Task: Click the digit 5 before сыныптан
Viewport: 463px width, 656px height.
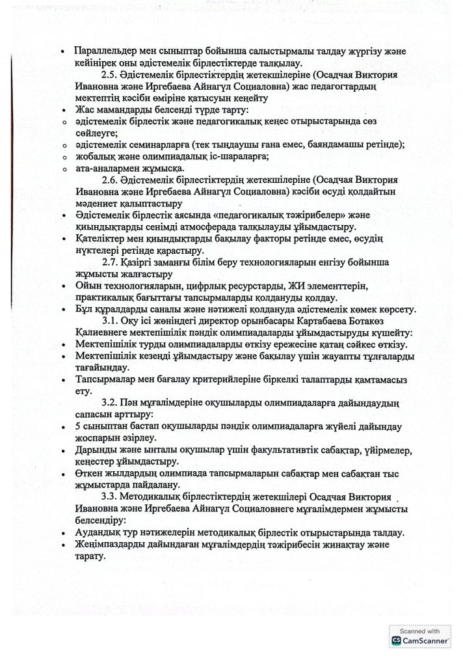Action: pyautogui.click(x=78, y=426)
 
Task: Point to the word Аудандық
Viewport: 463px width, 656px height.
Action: pyautogui.click(x=100, y=532)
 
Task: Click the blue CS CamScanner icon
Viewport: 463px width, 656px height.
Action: pyautogui.click(x=396, y=641)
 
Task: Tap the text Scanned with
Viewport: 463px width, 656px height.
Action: pyautogui.click(x=421, y=630)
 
